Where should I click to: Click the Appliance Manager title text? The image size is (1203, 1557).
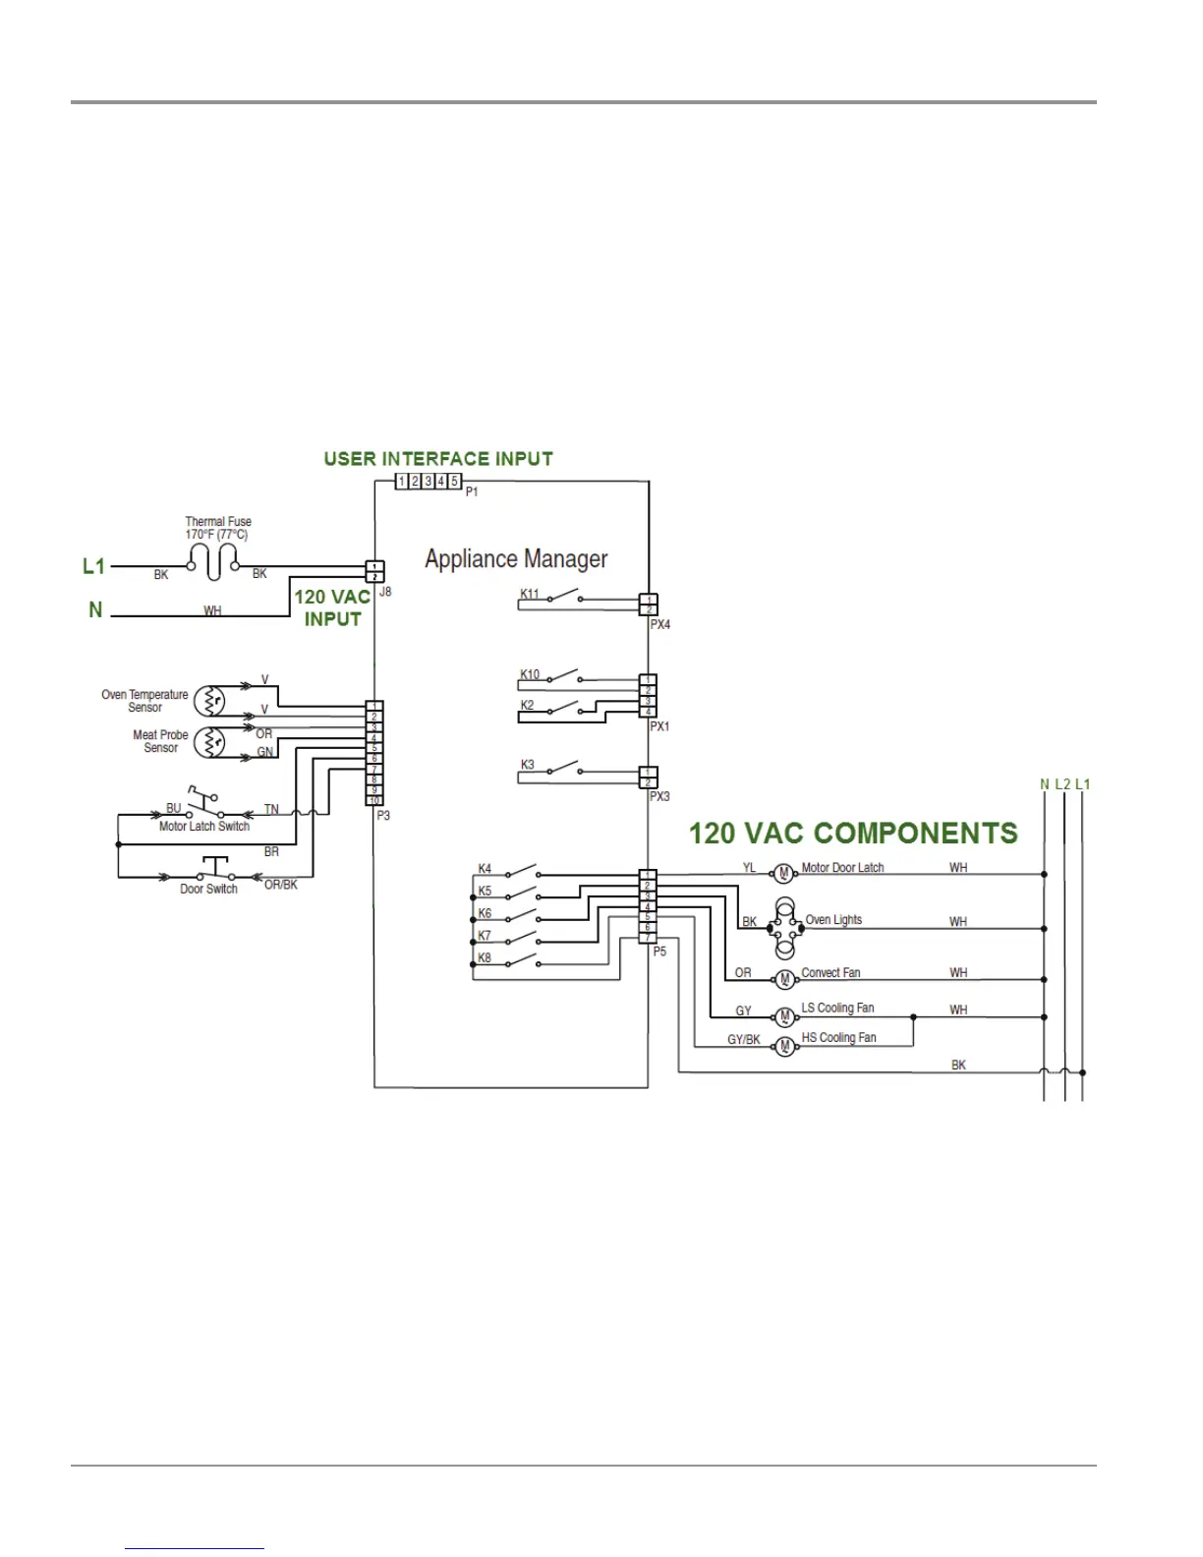click(x=516, y=559)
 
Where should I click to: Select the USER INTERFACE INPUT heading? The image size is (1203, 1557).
click(x=438, y=459)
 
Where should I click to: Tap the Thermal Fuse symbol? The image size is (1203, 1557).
click(x=213, y=561)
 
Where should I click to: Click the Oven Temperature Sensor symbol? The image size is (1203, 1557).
click(x=209, y=701)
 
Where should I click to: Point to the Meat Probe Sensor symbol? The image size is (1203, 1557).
click(x=209, y=742)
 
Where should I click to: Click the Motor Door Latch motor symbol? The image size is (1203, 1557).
click(x=783, y=874)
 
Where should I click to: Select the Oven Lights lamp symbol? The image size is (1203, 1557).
click(x=784, y=927)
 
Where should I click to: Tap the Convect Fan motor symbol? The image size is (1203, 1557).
click(x=784, y=979)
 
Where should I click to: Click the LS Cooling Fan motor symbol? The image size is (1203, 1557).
click(x=784, y=1017)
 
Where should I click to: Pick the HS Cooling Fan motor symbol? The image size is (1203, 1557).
click(x=784, y=1047)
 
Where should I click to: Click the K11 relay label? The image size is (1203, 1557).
click(x=530, y=594)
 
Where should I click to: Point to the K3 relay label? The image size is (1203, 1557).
click(x=528, y=765)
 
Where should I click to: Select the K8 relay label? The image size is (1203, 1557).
click(x=485, y=957)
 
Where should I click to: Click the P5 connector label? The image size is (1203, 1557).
click(x=659, y=951)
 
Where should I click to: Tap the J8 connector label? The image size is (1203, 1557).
click(x=385, y=592)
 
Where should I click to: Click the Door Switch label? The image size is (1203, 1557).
click(x=208, y=890)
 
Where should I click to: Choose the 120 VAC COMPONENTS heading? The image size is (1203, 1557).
click(x=852, y=834)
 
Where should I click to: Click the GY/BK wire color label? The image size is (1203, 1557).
click(x=743, y=1040)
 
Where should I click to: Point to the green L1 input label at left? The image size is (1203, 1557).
click(x=93, y=566)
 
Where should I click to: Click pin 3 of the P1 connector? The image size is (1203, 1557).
click(x=428, y=482)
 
